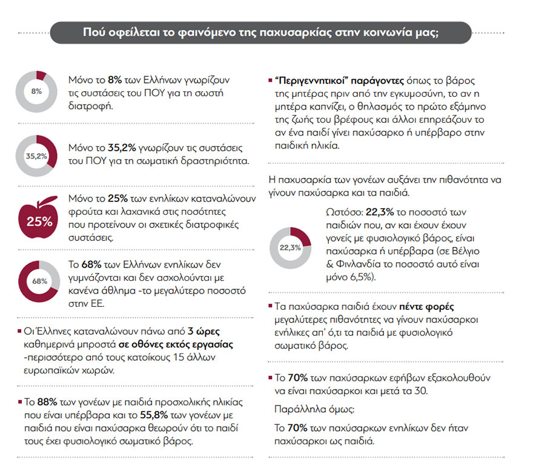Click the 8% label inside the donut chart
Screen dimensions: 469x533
(36, 91)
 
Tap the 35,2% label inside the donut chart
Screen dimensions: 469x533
(36, 156)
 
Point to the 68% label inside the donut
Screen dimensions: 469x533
(39, 281)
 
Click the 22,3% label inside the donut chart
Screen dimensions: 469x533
(290, 248)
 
